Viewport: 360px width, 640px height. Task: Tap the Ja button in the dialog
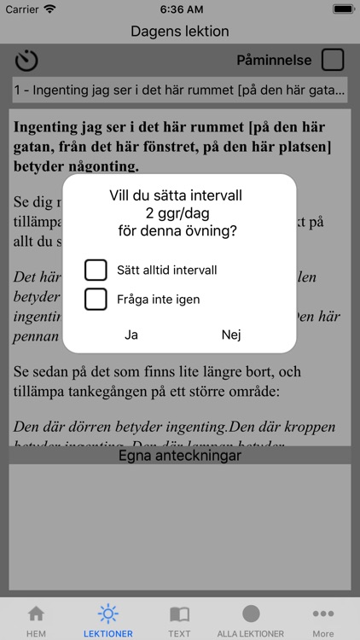pyautogui.click(x=131, y=335)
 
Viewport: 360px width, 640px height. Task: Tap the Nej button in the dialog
pyautogui.click(x=231, y=335)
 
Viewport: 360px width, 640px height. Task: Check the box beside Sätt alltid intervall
pyautogui.click(x=96, y=270)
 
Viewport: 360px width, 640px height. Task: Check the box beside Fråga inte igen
pyautogui.click(x=96, y=300)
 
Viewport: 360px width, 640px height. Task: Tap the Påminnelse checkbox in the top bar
pyautogui.click(x=333, y=60)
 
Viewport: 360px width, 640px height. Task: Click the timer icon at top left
pyautogui.click(x=27, y=61)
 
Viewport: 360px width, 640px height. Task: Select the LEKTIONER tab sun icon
pyautogui.click(x=107, y=614)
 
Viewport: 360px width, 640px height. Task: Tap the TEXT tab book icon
pyautogui.click(x=179, y=614)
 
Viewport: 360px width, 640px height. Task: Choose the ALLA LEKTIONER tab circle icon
pyautogui.click(x=251, y=614)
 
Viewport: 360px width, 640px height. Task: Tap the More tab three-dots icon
pyautogui.click(x=323, y=614)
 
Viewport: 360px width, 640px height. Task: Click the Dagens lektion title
pyautogui.click(x=180, y=32)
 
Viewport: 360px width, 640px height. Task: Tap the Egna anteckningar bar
pyautogui.click(x=180, y=455)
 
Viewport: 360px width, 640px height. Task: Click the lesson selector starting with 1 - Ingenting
pyautogui.click(x=180, y=89)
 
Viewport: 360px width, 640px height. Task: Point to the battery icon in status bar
pyautogui.click(x=343, y=9)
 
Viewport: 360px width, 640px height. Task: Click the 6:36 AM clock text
pyautogui.click(x=180, y=9)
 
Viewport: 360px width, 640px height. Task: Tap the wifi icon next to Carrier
pyautogui.click(x=49, y=9)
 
